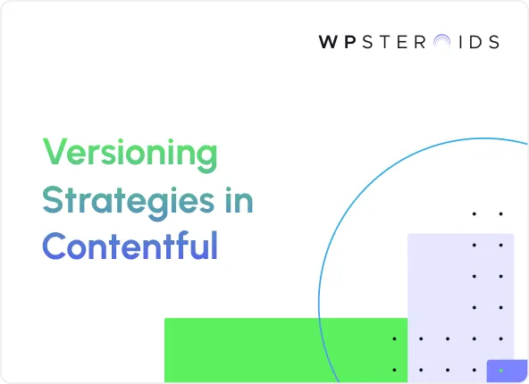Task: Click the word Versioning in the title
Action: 130,154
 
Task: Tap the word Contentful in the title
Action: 130,246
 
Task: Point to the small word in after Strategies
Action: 239,201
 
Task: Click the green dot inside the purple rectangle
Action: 501,370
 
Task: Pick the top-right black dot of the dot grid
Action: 501,213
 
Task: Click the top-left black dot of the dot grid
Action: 474,213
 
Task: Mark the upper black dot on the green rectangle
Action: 394,338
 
